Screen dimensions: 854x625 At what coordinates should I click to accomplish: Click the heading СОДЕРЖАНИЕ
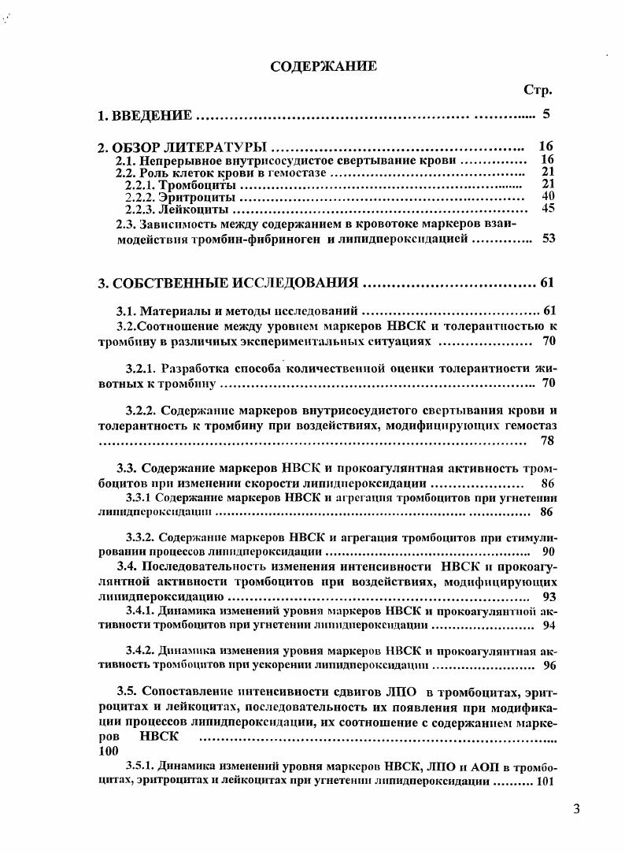pos(324,66)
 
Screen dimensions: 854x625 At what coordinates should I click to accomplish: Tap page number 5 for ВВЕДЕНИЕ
pos(545,114)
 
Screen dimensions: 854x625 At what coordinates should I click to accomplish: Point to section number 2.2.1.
pos(140,184)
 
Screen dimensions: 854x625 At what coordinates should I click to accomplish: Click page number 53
pos(549,239)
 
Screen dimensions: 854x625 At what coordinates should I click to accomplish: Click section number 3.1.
pos(127,310)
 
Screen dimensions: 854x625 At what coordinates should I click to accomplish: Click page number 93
pos(549,596)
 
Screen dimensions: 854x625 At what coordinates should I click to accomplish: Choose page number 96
pos(549,665)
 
